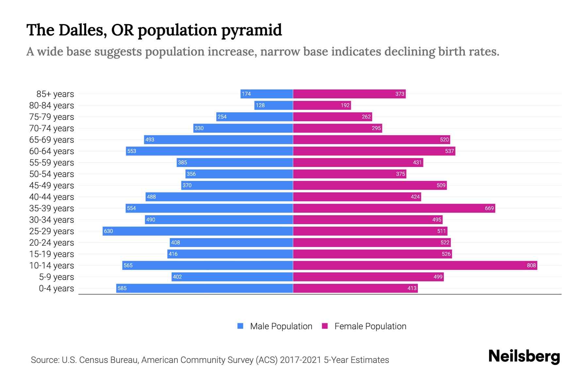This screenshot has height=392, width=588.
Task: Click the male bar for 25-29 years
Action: pos(198,231)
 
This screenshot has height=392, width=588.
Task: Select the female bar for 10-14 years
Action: pos(415,266)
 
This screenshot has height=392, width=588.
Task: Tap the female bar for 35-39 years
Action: pos(394,208)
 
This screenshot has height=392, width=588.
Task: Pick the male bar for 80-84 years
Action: pos(274,106)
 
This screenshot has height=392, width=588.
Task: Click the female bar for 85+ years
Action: pos(349,94)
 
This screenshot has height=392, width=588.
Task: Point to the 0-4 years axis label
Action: pos(56,288)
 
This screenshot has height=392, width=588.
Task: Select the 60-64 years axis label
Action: pos(52,151)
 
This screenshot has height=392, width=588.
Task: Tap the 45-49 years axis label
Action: pos(52,186)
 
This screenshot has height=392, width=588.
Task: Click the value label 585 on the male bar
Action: pos(122,288)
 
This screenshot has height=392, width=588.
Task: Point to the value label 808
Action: pos(531,266)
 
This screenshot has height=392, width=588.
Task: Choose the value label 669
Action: pos(489,208)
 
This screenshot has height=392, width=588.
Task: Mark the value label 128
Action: pos(260,106)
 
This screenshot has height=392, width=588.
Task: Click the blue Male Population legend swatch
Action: pos(240,326)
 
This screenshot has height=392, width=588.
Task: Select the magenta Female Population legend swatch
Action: pos(325,326)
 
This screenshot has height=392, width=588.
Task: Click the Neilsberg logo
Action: pos(524,356)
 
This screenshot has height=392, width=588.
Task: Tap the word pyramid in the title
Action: pos(252,30)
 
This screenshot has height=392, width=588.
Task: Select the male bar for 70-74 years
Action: pos(243,128)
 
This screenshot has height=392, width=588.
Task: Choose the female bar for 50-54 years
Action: pos(350,174)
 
